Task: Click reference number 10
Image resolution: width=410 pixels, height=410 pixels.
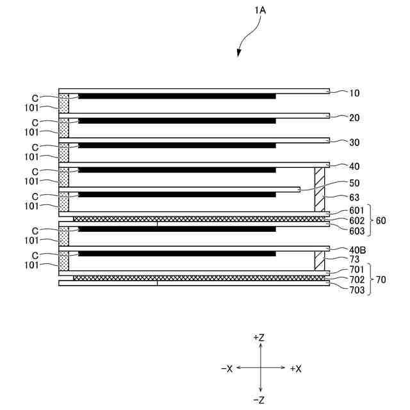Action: click(x=355, y=94)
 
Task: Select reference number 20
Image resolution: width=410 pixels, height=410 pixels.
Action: click(x=355, y=118)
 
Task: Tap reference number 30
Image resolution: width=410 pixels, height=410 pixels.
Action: click(x=355, y=143)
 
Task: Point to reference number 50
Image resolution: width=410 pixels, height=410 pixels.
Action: click(x=355, y=183)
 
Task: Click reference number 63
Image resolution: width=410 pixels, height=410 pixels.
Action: click(x=355, y=197)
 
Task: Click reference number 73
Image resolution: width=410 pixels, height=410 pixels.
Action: click(x=355, y=259)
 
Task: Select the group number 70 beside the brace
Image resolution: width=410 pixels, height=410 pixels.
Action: click(x=381, y=280)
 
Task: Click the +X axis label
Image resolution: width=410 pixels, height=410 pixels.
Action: click(x=295, y=368)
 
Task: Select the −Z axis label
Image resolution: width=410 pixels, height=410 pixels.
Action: click(x=260, y=400)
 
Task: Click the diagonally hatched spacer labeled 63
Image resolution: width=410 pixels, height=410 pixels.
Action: click(x=320, y=190)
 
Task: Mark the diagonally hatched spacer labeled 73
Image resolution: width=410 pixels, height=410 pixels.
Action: click(x=320, y=260)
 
